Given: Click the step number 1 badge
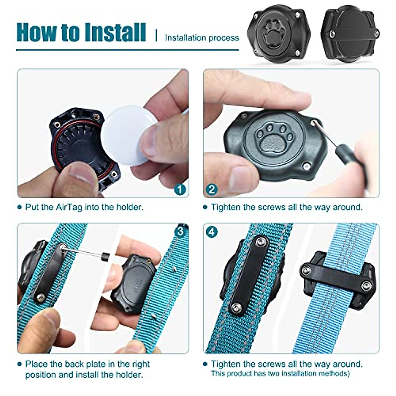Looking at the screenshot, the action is [180, 189].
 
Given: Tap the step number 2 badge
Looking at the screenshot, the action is [212, 189].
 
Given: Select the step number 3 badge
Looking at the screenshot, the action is [180, 232].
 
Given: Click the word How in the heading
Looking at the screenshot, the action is [36, 32].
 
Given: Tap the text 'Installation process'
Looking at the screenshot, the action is [202, 38].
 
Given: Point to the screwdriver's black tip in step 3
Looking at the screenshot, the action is [106, 257].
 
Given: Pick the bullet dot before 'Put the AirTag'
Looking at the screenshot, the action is [19, 207].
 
